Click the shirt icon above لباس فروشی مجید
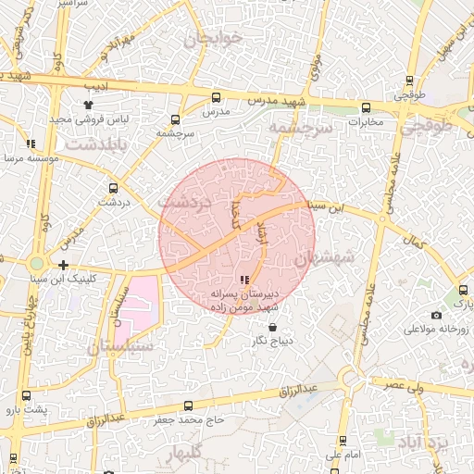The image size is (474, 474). pyautogui.click(x=88, y=106)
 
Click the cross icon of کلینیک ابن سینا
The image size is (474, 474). pyautogui.click(x=63, y=266)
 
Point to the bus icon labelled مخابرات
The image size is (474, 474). pyautogui.click(x=366, y=107)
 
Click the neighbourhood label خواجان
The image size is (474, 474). pyautogui.click(x=212, y=39)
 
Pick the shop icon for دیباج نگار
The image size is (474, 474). pyautogui.click(x=272, y=327)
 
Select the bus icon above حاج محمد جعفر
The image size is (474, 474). pyautogui.click(x=190, y=405)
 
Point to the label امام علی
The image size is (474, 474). pyautogui.click(x=343, y=455)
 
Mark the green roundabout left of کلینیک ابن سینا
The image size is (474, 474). pyautogui.click(x=37, y=265)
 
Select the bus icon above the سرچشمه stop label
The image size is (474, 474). pyautogui.click(x=176, y=119)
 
